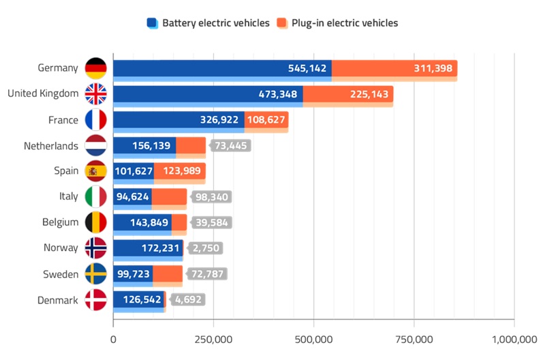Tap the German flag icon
pyautogui.click(x=95, y=68)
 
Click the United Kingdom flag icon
pyautogui.click(x=95, y=94)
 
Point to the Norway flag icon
pyautogui.click(x=95, y=248)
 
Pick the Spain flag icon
pyautogui.click(x=95, y=171)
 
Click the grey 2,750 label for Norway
pyautogui.click(x=206, y=248)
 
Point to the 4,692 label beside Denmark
pyautogui.click(x=187, y=299)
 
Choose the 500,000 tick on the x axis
pyautogui.click(x=313, y=339)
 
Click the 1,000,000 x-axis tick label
pyautogui.click(x=514, y=339)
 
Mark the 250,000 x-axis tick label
pyautogui.click(x=213, y=339)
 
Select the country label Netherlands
pyautogui.click(x=51, y=146)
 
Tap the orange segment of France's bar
pyautogui.click(x=266, y=120)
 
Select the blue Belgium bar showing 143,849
pyautogui.click(x=142, y=222)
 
